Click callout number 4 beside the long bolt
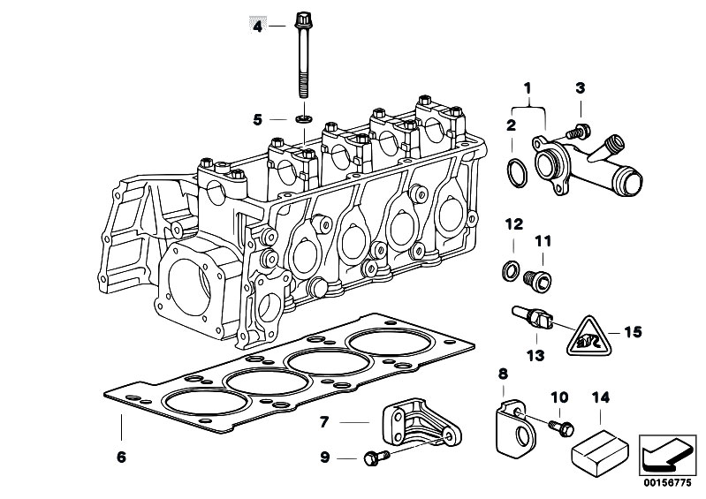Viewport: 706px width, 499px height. pos(258,26)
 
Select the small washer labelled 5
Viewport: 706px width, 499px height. pos(303,117)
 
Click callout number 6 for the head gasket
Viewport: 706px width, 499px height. pos(122,457)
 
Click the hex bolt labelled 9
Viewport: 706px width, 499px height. pos(374,457)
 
